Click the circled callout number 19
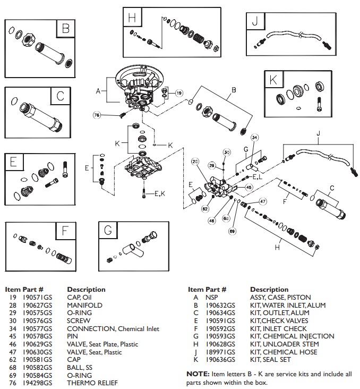(x=179, y=92)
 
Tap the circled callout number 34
(x=254, y=138)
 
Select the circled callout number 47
(x=262, y=201)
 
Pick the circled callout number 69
(x=232, y=231)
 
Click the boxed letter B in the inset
(x=65, y=29)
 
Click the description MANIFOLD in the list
(x=84, y=306)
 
